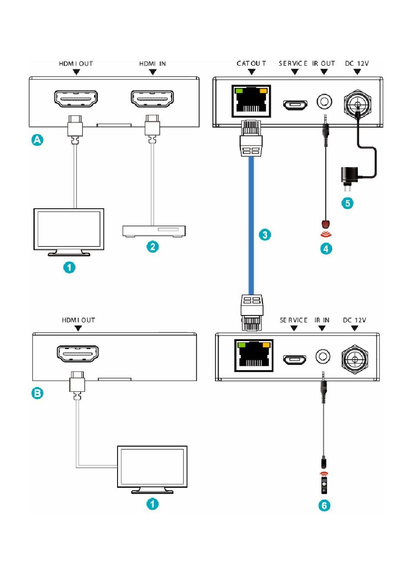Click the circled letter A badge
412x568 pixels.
[37, 140]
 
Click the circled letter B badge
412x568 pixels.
[37, 393]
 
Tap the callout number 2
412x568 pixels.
[153, 246]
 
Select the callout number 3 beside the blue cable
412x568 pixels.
[265, 235]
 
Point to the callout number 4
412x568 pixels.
[326, 249]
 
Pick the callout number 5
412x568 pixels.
[347, 203]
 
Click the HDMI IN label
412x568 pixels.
[153, 64]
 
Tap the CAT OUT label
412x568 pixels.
[251, 63]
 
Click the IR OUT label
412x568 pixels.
[324, 63]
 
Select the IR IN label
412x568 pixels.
[322, 320]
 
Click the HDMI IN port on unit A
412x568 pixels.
[152, 98]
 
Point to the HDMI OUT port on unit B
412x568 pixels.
[78, 354]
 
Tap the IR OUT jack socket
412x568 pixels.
[324, 102]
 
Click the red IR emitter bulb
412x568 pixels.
[326, 223]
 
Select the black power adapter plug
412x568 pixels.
[349, 178]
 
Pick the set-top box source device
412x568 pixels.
[154, 231]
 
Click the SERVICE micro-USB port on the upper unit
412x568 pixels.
[295, 105]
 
